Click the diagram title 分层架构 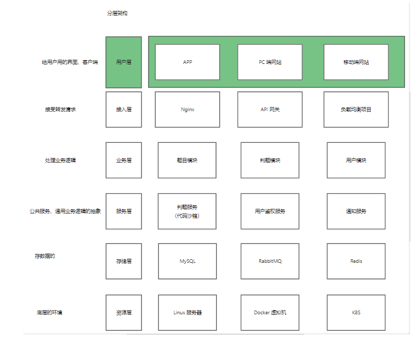(x=117, y=14)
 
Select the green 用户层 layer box (x=124, y=62)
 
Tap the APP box (x=187, y=62)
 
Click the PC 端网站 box (x=270, y=62)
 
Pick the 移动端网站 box (x=356, y=62)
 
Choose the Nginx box (x=187, y=110)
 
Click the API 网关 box (x=270, y=110)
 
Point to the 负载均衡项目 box (x=356, y=110)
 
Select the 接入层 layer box (x=124, y=110)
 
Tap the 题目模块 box (x=187, y=160)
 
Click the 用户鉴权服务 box (x=270, y=211)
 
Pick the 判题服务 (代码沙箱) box (x=187, y=211)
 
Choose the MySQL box (x=187, y=261)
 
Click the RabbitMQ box (x=270, y=261)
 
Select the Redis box (x=356, y=261)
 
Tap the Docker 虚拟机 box (x=270, y=313)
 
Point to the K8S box (x=356, y=313)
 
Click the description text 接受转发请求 (x=60, y=110)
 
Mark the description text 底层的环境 (x=49, y=312)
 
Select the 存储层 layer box (x=124, y=261)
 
